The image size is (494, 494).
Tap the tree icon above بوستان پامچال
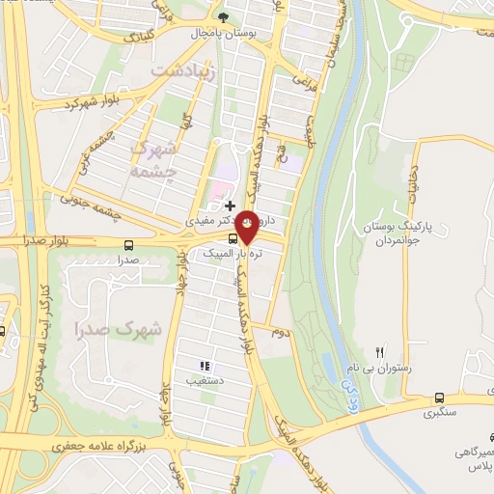pos(225,16)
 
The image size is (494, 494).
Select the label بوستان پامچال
pos(224,33)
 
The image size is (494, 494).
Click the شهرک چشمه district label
pos(153,159)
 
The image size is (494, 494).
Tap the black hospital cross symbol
pos(230,205)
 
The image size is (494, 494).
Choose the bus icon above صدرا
pos(129,243)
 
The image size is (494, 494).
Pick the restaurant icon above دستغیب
pos(205,366)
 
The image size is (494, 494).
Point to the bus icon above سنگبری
pos(440,397)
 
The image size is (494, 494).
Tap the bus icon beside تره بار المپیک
pos(233,238)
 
